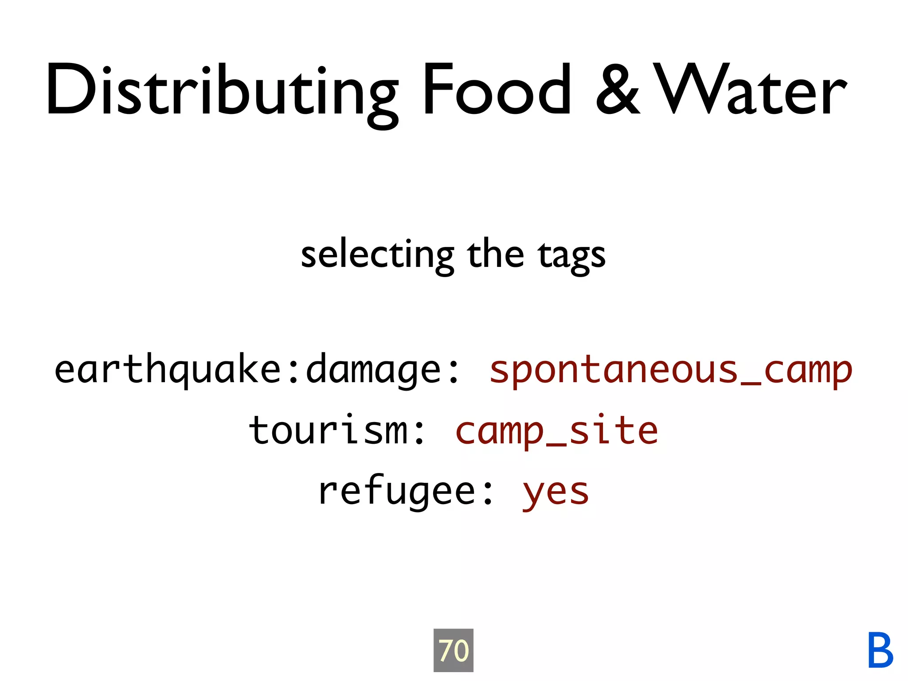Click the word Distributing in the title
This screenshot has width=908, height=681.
pos(222,91)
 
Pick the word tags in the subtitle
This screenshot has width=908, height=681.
pos(571,256)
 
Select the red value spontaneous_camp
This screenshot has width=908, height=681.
pos(670,371)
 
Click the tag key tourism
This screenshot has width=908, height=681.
pos(328,431)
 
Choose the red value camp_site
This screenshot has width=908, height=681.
pos(556,431)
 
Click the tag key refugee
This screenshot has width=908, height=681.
pos(397,492)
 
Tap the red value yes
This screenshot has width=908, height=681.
pos(556,493)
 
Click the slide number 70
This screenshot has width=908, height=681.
pos(453,650)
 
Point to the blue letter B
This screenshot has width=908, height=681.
pos(880,650)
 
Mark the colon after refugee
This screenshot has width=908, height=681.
pos(488,493)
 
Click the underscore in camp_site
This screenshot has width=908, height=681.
pos(556,444)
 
